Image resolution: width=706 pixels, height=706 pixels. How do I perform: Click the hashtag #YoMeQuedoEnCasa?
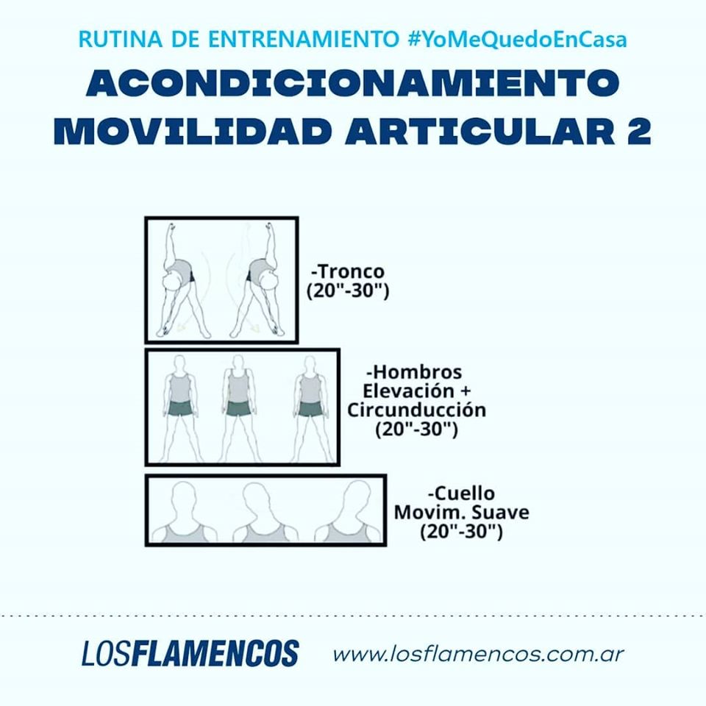point(517,39)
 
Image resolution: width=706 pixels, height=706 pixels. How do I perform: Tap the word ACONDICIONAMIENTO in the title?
point(352,83)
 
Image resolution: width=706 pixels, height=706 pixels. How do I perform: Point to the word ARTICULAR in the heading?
point(480,131)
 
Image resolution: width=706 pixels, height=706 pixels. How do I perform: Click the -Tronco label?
point(348,271)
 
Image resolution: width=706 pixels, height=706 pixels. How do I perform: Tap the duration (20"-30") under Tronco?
point(348,291)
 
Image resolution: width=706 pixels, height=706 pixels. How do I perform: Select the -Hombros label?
point(414,372)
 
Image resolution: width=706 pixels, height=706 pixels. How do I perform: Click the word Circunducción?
point(416,410)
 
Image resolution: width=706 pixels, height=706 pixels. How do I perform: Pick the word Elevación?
point(408,391)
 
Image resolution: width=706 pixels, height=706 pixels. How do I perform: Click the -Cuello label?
point(461,493)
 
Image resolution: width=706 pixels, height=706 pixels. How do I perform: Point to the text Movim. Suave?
point(462,513)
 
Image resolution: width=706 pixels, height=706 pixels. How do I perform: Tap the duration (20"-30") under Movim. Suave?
point(461,532)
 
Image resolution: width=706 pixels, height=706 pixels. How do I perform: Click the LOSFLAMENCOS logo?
point(190,653)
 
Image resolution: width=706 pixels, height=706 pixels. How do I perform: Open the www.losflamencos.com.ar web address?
point(478,655)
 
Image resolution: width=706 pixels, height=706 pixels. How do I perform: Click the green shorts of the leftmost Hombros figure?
point(181,408)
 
